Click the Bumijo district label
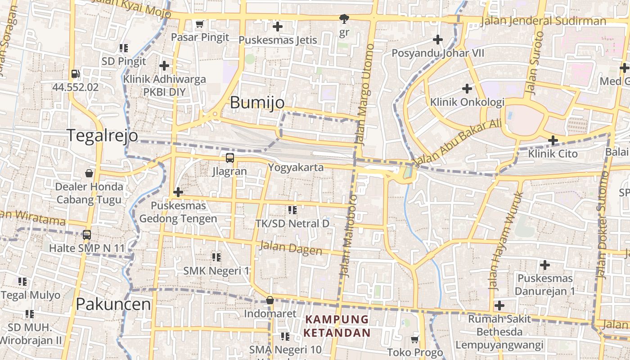(257, 103)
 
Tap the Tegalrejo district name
(103, 135)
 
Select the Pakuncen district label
(113, 304)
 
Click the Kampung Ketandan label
(337, 326)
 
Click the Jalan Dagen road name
(291, 248)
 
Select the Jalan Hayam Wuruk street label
(506, 241)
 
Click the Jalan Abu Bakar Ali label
(456, 142)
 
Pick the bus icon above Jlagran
(230, 158)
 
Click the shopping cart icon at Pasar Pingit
(200, 24)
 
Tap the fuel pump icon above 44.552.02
(75, 74)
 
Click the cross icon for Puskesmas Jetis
(278, 27)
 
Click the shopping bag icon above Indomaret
(270, 300)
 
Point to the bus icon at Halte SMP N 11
(87, 234)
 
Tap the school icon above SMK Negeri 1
(216, 257)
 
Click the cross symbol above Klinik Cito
(553, 140)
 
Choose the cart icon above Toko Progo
(415, 339)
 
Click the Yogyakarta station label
(296, 167)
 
